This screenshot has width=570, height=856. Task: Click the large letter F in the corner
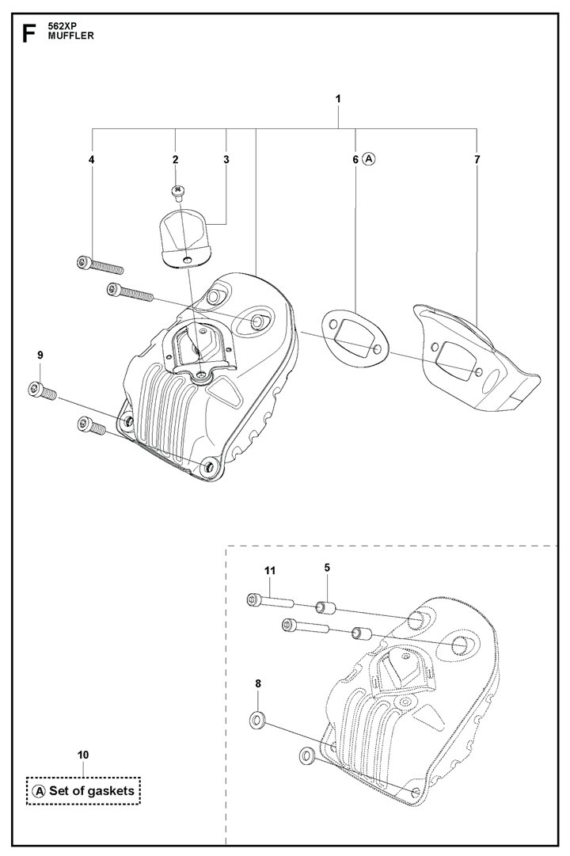pyautogui.click(x=28, y=34)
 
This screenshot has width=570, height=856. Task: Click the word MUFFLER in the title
pyautogui.click(x=71, y=36)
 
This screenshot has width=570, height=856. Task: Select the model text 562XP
pyautogui.click(x=61, y=27)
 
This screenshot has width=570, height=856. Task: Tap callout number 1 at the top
pyautogui.click(x=338, y=99)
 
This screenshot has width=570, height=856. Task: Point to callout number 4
pyautogui.click(x=92, y=159)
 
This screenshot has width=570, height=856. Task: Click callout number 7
pyautogui.click(x=477, y=159)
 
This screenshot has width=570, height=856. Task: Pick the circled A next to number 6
pyautogui.click(x=369, y=159)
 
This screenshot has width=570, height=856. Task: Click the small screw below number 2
pyautogui.click(x=177, y=191)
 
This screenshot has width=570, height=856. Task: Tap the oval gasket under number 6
pyautogui.click(x=355, y=338)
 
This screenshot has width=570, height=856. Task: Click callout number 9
pyautogui.click(x=40, y=355)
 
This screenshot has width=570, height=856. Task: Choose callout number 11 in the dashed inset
pyautogui.click(x=270, y=570)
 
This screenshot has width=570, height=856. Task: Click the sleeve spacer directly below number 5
pyautogui.click(x=326, y=607)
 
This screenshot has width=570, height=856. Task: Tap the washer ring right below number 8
pyautogui.click(x=258, y=720)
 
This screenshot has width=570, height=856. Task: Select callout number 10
pyautogui.click(x=83, y=755)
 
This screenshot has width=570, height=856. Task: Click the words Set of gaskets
pyautogui.click(x=92, y=790)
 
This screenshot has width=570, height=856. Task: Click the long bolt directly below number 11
pyautogui.click(x=271, y=601)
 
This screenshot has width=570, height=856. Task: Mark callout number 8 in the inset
pyautogui.click(x=258, y=683)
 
